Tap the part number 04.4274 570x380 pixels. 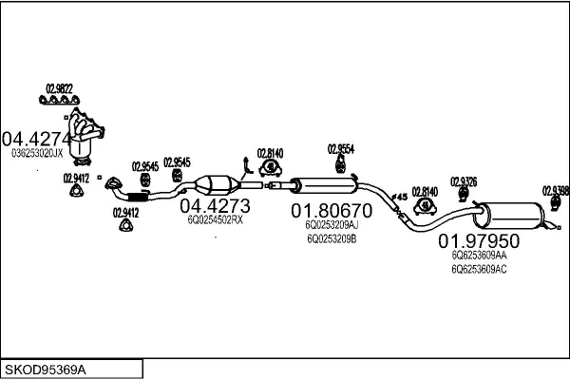coord(36,137)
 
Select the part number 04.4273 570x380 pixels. coord(215,205)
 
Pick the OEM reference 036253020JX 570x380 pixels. coord(37,152)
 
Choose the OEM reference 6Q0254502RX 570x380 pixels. coord(215,219)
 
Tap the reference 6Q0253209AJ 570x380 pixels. coord(332,225)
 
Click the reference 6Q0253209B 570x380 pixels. coord(331,239)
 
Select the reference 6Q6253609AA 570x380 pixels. coord(479,256)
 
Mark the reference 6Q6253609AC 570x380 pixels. coord(479,270)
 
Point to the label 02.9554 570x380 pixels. coord(341,148)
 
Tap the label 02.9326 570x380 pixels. coord(464,181)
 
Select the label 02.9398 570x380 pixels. coord(555,190)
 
